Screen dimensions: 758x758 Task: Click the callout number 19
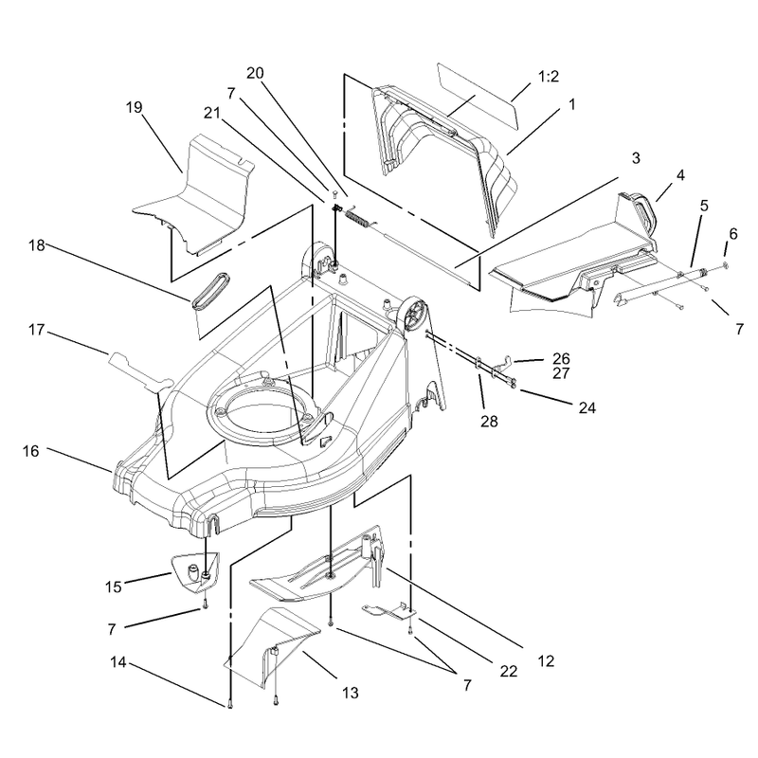click(x=134, y=107)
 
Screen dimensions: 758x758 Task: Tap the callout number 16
click(x=30, y=452)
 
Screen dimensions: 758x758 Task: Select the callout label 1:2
click(x=549, y=77)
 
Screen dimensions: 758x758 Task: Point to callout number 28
click(x=489, y=422)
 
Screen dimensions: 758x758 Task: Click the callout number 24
click(x=587, y=408)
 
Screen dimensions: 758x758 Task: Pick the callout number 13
click(x=350, y=694)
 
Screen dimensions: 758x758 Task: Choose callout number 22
click(x=509, y=671)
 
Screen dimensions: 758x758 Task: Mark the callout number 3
click(x=636, y=158)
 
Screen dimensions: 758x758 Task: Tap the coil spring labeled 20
click(x=358, y=217)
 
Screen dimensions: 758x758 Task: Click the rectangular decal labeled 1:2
click(x=478, y=96)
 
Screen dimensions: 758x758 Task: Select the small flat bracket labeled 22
click(x=389, y=611)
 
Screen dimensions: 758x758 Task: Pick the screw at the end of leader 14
click(x=229, y=705)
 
